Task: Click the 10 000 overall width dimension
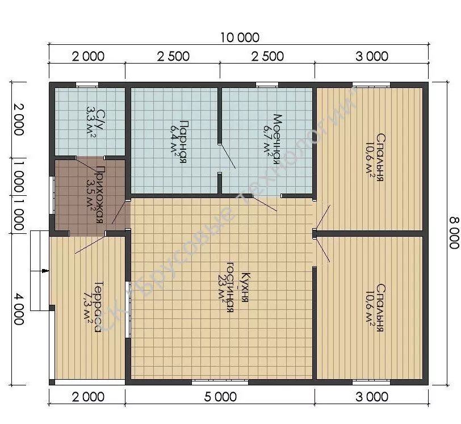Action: coord(240,37)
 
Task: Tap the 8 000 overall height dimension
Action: coord(454,233)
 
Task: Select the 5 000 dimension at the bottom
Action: coord(220,397)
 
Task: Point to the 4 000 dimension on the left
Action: coord(19,308)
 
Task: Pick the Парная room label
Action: coord(182,141)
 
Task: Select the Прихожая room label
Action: coord(100,195)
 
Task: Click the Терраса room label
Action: coord(98,307)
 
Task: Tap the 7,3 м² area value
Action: coord(87,307)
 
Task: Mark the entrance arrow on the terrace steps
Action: coord(45,271)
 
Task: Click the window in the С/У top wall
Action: coord(87,85)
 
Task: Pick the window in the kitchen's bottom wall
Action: coord(220,382)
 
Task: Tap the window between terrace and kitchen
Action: coord(128,309)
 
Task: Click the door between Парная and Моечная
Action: coord(227,158)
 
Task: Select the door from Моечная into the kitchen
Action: coord(265,203)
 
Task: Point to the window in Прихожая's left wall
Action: coord(52,195)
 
